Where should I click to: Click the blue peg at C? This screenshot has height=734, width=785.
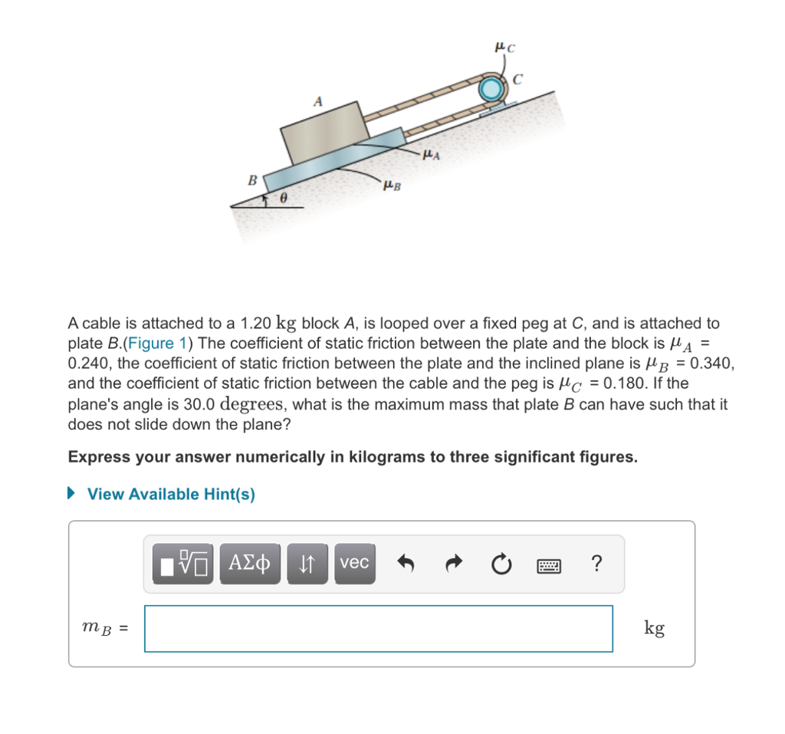[x=491, y=90]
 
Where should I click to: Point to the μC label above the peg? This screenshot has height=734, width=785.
[x=505, y=47]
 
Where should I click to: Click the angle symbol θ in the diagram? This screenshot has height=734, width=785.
[x=283, y=198]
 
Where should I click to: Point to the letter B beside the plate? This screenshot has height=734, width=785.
[x=251, y=181]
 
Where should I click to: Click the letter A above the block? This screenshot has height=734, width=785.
[x=318, y=100]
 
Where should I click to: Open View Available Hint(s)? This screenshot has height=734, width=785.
[x=171, y=494]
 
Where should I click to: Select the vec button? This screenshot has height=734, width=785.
[x=354, y=563]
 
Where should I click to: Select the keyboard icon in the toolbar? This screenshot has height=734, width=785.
[x=549, y=564]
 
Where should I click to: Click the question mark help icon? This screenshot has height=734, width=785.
[x=596, y=564]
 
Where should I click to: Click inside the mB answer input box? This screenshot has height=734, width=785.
[x=378, y=628]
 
